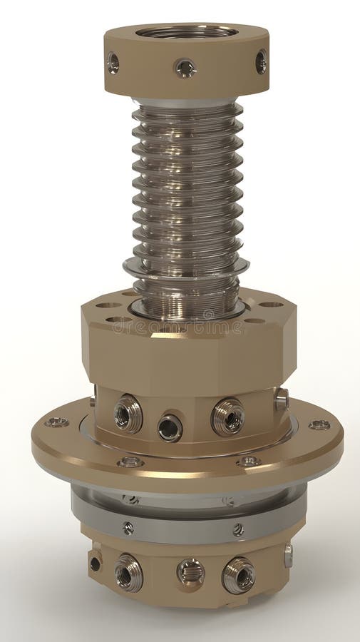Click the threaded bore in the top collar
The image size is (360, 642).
(187, 32)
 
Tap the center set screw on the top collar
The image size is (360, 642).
(185, 68)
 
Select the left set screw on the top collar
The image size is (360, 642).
(113, 63)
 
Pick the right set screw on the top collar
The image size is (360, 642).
(261, 62)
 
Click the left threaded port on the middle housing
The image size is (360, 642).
(128, 413)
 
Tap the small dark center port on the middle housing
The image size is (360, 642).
(170, 427)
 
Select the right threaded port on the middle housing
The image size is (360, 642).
(227, 417)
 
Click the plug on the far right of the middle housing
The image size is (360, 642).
(281, 399)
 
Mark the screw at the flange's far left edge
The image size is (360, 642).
(56, 422)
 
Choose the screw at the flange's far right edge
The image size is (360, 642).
(319, 425)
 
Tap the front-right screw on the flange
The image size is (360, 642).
(248, 462)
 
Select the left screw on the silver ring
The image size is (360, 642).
(128, 528)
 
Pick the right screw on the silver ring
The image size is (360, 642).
(238, 530)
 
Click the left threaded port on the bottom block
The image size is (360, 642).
(128, 573)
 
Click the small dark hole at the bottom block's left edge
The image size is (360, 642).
(95, 564)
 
